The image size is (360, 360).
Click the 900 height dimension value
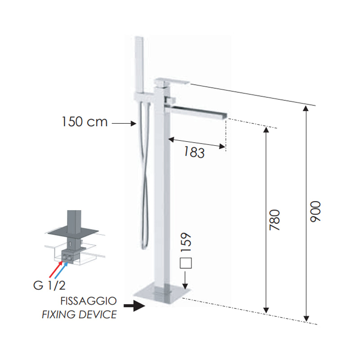point(315,211)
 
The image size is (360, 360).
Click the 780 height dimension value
point(275,220)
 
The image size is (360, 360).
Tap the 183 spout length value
point(194,152)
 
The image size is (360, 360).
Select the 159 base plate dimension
point(186,242)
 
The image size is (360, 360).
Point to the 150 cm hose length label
point(85,121)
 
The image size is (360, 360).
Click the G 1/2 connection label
point(49,285)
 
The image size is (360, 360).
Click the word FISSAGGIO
point(89,301)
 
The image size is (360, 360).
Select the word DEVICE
point(98,314)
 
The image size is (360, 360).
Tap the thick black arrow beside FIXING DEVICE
point(134,306)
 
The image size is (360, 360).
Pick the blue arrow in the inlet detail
point(61,270)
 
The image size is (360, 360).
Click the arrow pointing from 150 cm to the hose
point(124,123)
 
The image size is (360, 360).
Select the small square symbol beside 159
point(186,263)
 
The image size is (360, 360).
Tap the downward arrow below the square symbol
point(185,280)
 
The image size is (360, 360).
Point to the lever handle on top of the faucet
point(172,81)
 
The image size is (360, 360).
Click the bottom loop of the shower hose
point(144,246)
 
